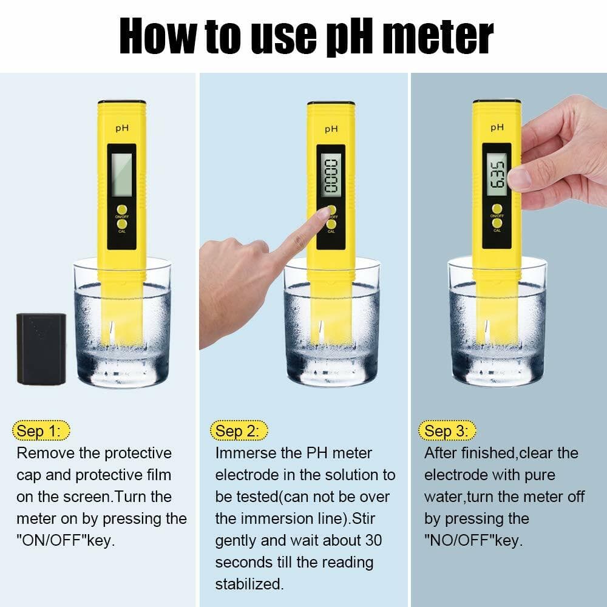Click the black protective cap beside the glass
pyautogui.click(x=41, y=348)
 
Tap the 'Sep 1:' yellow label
pyautogui.click(x=40, y=431)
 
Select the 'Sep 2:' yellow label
pyautogui.click(x=239, y=431)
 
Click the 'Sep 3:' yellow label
pyautogui.click(x=447, y=431)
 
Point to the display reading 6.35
pyautogui.click(x=496, y=175)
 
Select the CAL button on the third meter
pyautogui.click(x=497, y=223)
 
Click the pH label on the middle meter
pyautogui.click(x=331, y=129)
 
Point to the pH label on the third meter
pyautogui.click(x=497, y=127)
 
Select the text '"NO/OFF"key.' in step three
pyautogui.click(x=473, y=540)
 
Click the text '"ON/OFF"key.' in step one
pyautogui.click(x=66, y=540)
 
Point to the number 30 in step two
pyautogui.click(x=373, y=540)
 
